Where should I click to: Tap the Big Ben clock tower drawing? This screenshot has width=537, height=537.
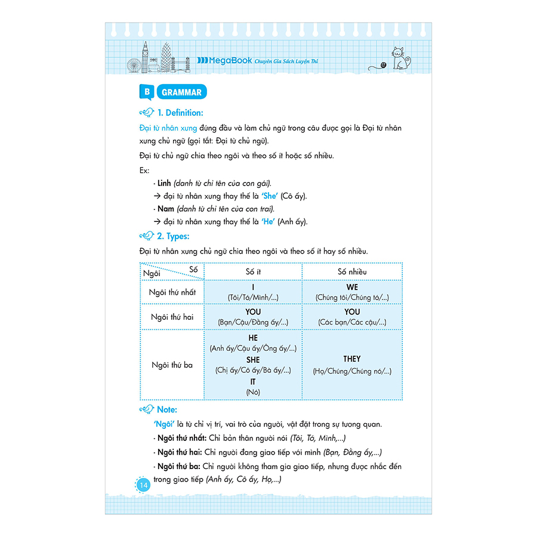(144, 57)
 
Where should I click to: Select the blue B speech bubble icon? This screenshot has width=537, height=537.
(145, 92)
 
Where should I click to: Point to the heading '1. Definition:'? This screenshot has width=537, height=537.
(180, 113)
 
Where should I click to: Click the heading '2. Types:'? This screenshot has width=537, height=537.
(173, 236)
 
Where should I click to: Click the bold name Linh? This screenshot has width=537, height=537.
(164, 183)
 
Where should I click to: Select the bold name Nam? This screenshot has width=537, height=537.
(165, 209)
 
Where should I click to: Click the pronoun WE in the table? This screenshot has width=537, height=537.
(352, 288)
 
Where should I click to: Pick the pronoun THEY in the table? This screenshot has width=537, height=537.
(352, 359)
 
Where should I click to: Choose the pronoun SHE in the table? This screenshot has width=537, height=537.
(253, 360)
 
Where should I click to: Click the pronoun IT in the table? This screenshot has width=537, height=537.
(253, 382)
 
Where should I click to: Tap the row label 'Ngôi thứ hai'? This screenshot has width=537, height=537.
(172, 317)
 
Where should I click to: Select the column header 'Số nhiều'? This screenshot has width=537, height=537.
(352, 271)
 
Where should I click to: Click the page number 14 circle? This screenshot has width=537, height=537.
(143, 485)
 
